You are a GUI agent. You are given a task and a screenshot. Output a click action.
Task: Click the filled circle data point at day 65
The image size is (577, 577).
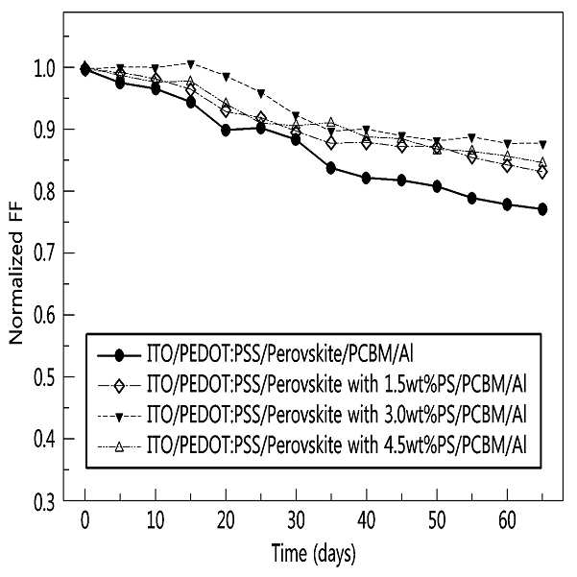tap(542, 209)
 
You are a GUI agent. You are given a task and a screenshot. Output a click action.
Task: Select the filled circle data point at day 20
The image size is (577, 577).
tap(226, 131)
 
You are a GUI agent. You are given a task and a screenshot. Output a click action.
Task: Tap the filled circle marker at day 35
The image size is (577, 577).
tap(331, 168)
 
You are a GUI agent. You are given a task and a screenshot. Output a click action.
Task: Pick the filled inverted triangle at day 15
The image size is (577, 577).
tap(191, 64)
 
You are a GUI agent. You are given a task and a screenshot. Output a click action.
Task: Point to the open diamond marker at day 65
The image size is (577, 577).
tap(542, 172)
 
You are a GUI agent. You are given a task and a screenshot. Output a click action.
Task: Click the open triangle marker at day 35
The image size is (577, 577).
tap(331, 122)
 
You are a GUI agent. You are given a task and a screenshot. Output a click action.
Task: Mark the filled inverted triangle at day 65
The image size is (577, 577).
tap(542, 144)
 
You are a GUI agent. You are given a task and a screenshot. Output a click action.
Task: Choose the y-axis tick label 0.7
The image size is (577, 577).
tap(44, 253)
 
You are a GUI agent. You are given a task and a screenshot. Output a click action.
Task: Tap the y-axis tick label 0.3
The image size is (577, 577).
tap(44, 503)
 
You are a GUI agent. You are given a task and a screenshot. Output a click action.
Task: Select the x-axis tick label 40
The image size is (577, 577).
tap(367, 520)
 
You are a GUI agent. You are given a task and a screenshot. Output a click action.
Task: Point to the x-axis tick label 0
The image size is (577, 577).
tap(85, 520)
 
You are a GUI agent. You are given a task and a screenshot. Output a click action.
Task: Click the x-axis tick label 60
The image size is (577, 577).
tap(507, 520)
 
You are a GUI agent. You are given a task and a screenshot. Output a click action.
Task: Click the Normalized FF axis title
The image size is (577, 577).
tap(16, 273)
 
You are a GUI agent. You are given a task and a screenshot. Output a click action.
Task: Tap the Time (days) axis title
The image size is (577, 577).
tap(314, 554)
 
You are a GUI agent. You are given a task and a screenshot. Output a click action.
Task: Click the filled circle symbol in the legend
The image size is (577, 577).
tap(119, 355)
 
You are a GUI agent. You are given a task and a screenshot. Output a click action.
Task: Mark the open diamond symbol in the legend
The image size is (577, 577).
tap(119, 386)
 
